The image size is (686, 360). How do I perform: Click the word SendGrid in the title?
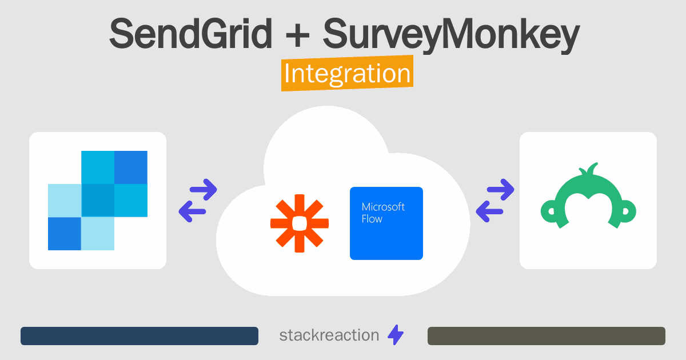click(190, 33)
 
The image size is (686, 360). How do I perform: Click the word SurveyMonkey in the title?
click(451, 35)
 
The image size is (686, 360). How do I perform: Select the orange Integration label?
click(348, 73)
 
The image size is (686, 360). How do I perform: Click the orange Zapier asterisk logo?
click(300, 223)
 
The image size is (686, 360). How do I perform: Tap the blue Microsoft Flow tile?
click(386, 223)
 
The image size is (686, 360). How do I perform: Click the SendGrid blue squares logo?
click(98, 201)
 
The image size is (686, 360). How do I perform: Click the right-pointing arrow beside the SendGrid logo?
click(204, 190)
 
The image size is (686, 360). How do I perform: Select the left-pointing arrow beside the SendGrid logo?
click(192, 211)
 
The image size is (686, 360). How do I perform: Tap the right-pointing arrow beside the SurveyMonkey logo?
click(500, 190)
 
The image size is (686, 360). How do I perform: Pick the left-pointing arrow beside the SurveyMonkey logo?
click(489, 211)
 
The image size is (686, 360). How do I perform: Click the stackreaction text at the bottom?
click(329, 335)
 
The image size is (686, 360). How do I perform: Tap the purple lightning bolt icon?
click(396, 335)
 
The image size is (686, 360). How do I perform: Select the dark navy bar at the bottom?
click(139, 336)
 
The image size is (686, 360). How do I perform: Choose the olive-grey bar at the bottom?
click(547, 336)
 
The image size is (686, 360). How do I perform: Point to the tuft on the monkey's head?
click(589, 169)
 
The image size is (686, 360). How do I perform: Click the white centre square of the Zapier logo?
click(300, 223)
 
